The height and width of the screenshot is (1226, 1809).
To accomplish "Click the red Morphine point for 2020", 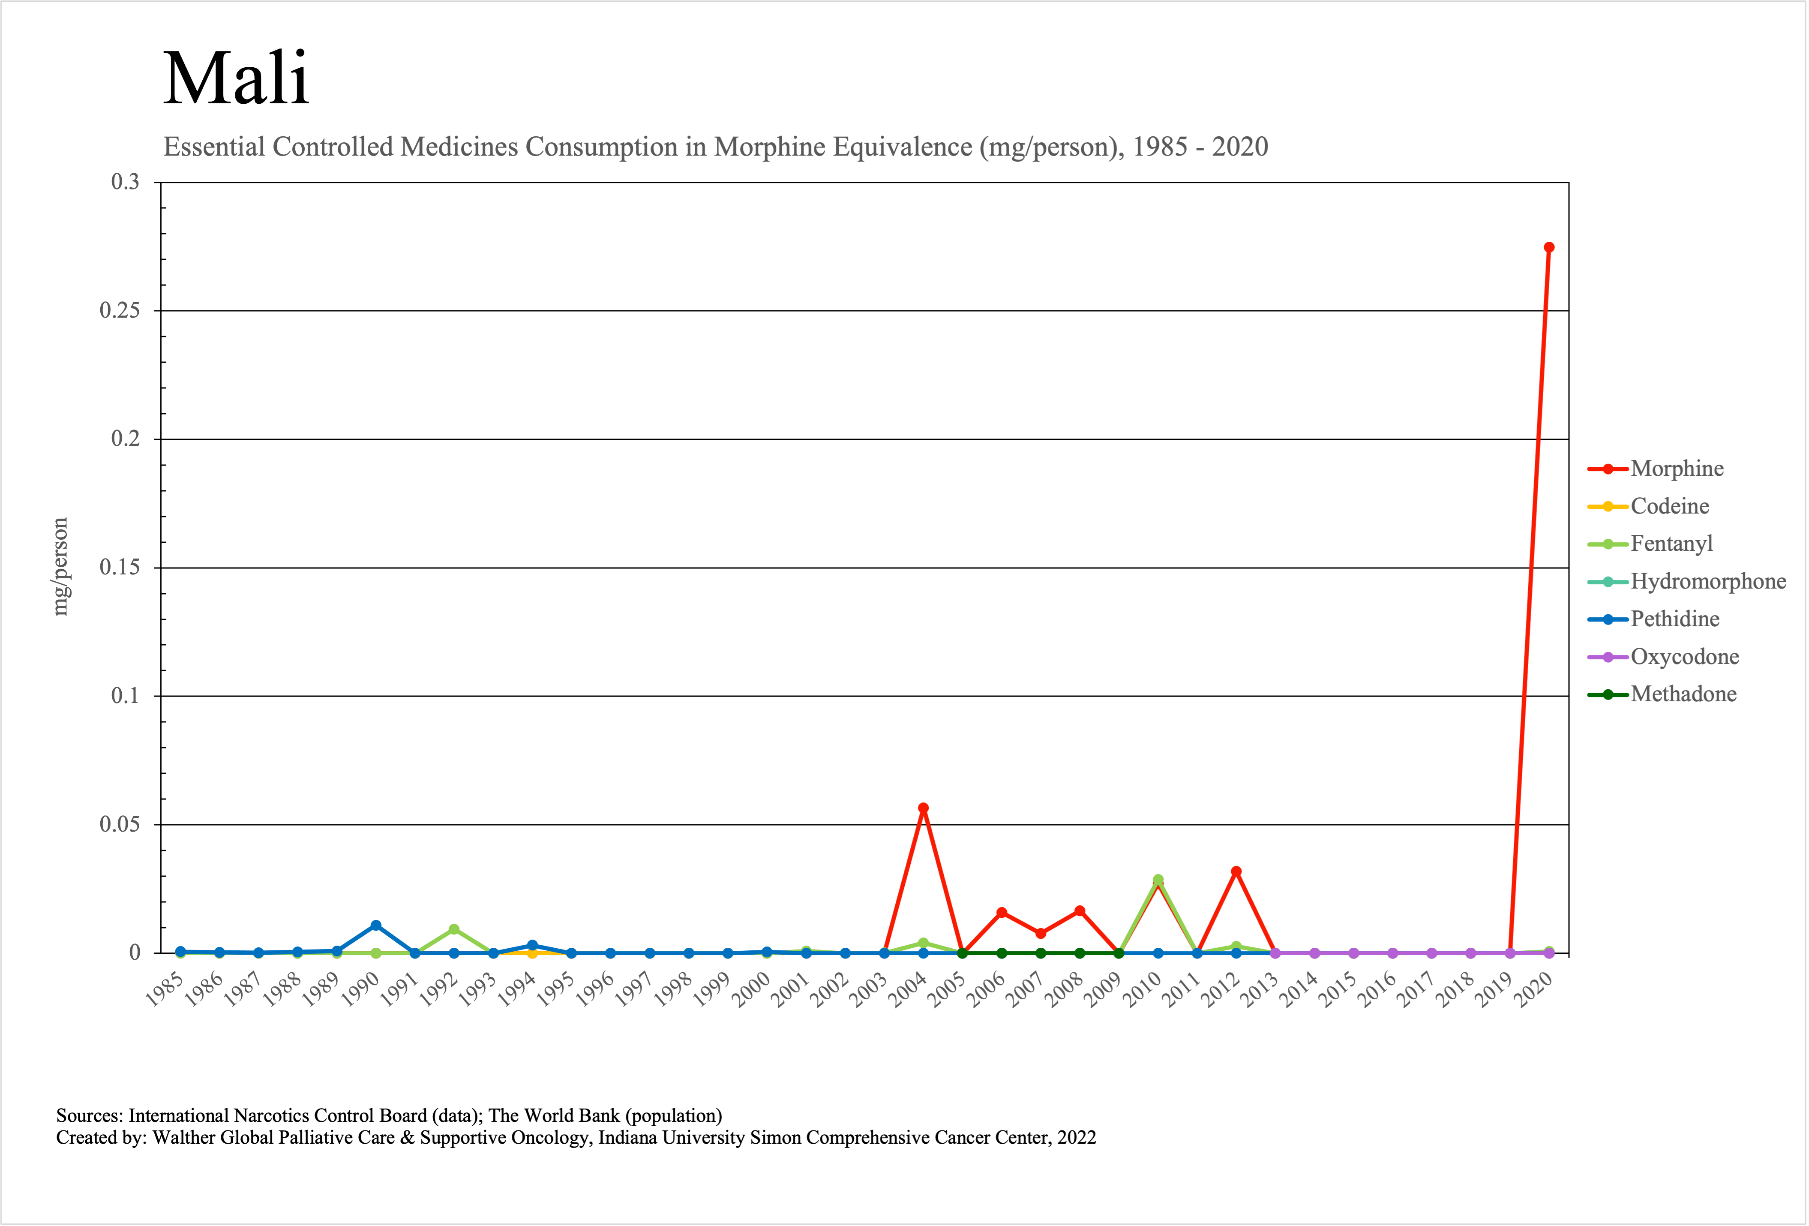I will tap(1548, 247).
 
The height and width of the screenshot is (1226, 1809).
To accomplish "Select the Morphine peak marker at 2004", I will tap(923, 808).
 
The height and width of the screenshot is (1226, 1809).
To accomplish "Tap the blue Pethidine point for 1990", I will tap(376, 926).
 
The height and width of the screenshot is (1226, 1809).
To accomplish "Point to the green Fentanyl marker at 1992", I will tap(454, 929).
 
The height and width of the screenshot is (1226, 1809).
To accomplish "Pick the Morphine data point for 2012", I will tap(1236, 872).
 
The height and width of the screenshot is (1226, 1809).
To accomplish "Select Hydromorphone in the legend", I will tap(1708, 581).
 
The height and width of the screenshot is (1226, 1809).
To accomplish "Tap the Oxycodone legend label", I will tap(1684, 657).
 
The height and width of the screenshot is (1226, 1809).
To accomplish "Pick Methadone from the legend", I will tap(1683, 694).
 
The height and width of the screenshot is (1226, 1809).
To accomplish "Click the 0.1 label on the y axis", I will tap(125, 696).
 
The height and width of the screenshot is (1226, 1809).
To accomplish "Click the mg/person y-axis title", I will tap(60, 567).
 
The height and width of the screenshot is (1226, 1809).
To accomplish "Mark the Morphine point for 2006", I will tap(1002, 912).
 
